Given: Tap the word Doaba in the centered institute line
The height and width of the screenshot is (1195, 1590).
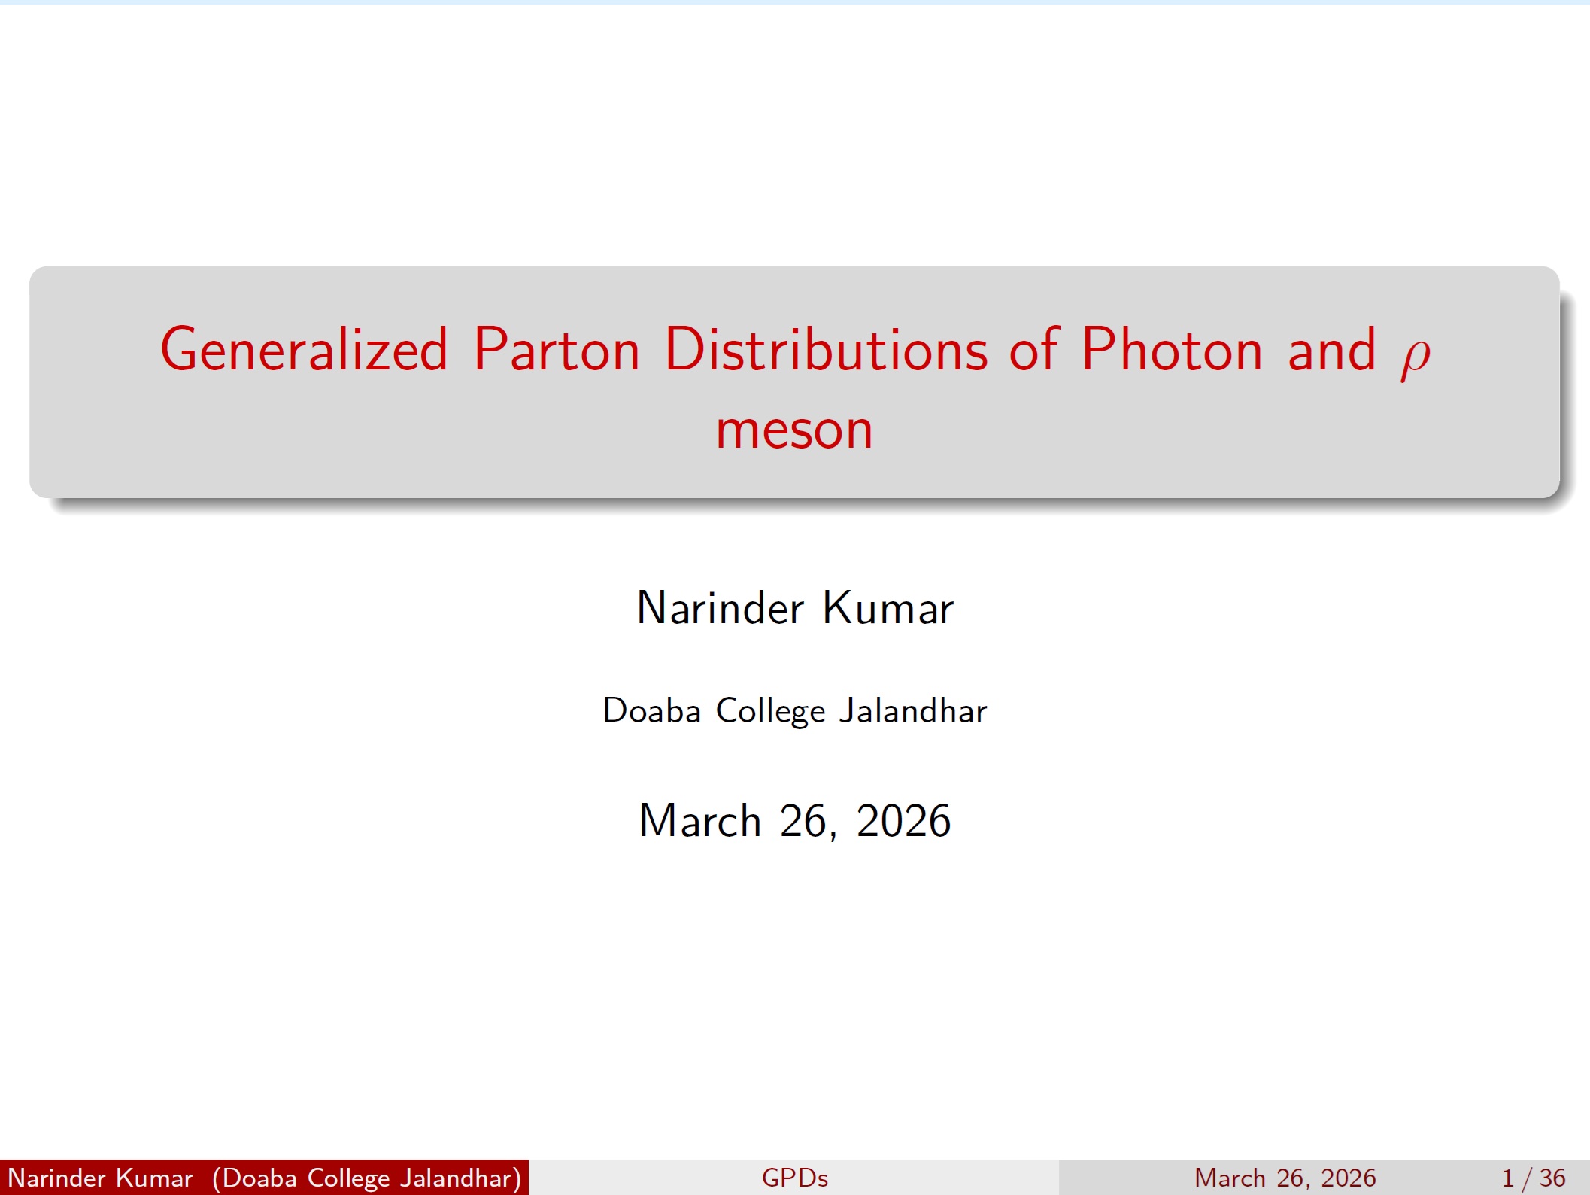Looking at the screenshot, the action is click(x=651, y=710).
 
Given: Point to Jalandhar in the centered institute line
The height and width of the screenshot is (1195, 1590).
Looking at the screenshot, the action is click(x=913, y=710).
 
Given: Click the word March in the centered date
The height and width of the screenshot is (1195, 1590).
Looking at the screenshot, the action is click(x=699, y=820).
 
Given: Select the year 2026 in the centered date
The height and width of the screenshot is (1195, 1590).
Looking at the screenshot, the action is click(x=903, y=820).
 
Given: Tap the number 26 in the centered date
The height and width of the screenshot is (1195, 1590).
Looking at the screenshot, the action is click(x=803, y=820).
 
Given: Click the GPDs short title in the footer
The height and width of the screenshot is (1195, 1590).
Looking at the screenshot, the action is click(x=794, y=1178).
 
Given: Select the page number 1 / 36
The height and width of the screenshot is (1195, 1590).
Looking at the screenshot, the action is click(x=1534, y=1178).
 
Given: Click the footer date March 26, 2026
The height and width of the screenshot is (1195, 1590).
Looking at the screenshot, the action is click(x=1285, y=1178).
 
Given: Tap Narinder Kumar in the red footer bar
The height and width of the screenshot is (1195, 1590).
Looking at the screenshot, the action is click(x=100, y=1178).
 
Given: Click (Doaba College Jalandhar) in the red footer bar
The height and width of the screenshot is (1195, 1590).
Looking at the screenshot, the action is click(x=367, y=1178).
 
